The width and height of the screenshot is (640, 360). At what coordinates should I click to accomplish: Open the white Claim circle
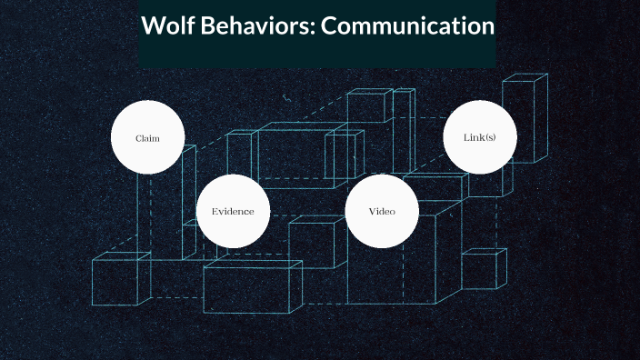tap(147, 138)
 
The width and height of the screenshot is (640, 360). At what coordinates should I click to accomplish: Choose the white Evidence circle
tap(234, 211)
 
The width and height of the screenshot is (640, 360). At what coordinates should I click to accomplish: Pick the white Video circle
tap(382, 211)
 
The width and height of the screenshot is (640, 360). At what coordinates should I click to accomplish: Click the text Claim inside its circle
tap(147, 138)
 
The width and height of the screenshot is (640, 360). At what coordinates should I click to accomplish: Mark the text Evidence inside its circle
tap(234, 212)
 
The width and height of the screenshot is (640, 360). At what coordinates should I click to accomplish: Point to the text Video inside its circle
tap(382, 212)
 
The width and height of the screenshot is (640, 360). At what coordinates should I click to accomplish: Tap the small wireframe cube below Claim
tap(120, 280)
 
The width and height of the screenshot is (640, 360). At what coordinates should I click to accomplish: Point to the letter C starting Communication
tap(330, 26)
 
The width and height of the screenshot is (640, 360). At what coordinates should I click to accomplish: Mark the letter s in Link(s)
tap(489, 138)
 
